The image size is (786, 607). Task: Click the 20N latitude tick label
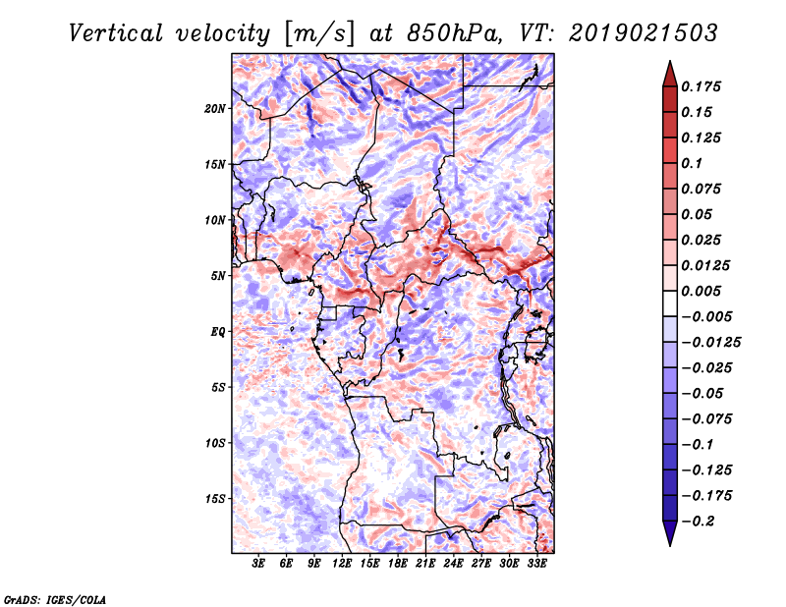(x=215, y=109)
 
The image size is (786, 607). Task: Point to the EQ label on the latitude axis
(x=218, y=332)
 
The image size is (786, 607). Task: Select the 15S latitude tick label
(x=215, y=499)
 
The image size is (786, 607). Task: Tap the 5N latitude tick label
(x=218, y=276)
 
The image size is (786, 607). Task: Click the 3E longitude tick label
(x=258, y=564)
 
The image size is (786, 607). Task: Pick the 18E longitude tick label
(x=398, y=564)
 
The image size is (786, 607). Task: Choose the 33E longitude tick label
(x=536, y=564)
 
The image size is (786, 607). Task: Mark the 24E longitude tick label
(x=453, y=564)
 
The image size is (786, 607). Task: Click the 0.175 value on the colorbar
(x=701, y=86)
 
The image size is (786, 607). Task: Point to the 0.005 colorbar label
(x=701, y=291)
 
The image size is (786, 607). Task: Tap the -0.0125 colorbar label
(x=711, y=343)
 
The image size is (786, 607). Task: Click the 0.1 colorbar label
(x=692, y=163)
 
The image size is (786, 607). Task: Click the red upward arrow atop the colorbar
(x=670, y=74)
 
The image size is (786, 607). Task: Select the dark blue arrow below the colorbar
(x=670, y=533)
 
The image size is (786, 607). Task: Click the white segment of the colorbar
(x=670, y=303)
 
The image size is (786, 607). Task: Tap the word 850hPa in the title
(x=454, y=33)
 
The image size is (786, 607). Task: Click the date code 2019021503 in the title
(x=644, y=33)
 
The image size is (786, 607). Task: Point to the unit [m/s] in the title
(x=318, y=34)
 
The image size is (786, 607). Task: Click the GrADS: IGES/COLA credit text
(x=55, y=599)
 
